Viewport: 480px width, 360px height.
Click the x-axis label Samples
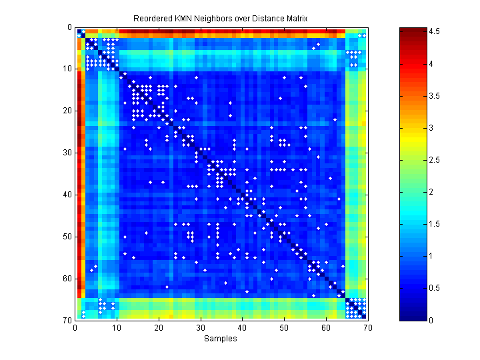(x=221, y=339)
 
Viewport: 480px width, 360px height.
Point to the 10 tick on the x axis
(x=117, y=327)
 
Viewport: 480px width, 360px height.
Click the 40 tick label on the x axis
(x=242, y=327)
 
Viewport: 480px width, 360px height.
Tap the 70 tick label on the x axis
(x=367, y=327)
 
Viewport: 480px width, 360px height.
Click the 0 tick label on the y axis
(x=69, y=28)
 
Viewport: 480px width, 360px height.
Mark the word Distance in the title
(x=267, y=19)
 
